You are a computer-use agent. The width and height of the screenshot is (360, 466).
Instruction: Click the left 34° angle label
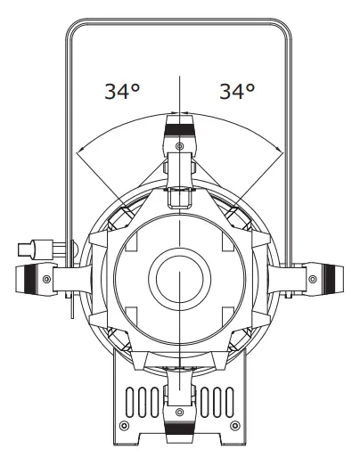[123, 92]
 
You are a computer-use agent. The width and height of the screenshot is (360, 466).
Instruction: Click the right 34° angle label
[237, 92]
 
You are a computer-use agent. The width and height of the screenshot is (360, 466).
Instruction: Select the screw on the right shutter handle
[308, 278]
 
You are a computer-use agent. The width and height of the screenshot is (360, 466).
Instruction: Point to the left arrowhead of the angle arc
[79, 151]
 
